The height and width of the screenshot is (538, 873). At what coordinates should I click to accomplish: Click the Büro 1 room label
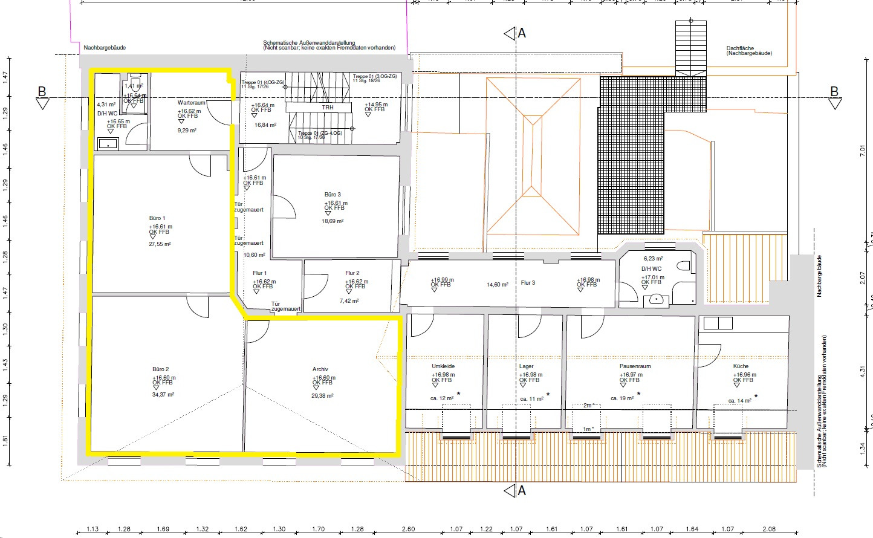[157, 218]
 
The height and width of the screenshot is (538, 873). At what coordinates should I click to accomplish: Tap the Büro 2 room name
[160, 369]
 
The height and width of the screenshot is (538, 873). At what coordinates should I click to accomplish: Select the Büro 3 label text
[333, 195]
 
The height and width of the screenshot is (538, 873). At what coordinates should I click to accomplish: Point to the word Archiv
[320, 369]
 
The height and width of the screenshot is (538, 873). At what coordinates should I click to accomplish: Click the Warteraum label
[191, 103]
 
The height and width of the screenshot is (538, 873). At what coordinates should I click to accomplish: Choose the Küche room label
[741, 366]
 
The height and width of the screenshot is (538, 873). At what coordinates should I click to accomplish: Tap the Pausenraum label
[635, 366]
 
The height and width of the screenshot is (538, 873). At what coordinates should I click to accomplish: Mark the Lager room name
[526, 366]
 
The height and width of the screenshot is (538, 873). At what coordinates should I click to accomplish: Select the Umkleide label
[443, 366]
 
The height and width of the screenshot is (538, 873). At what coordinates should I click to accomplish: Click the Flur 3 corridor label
[528, 283]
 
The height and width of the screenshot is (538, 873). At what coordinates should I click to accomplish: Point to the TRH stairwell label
[328, 108]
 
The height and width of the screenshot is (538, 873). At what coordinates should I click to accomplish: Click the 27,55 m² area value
[160, 244]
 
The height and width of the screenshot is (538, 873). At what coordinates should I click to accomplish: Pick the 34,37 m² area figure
[163, 395]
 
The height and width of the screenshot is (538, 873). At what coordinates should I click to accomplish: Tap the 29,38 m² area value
[322, 396]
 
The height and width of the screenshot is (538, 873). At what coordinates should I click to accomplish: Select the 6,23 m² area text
[653, 259]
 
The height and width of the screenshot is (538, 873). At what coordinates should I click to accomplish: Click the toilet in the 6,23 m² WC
[684, 266]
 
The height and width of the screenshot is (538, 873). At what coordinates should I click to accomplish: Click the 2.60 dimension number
[408, 529]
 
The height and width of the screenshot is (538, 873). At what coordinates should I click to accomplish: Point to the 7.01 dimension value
[863, 151]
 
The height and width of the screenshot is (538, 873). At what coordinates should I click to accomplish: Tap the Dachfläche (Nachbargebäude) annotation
[749, 51]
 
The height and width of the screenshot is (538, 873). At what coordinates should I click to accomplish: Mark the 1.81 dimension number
[5, 440]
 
